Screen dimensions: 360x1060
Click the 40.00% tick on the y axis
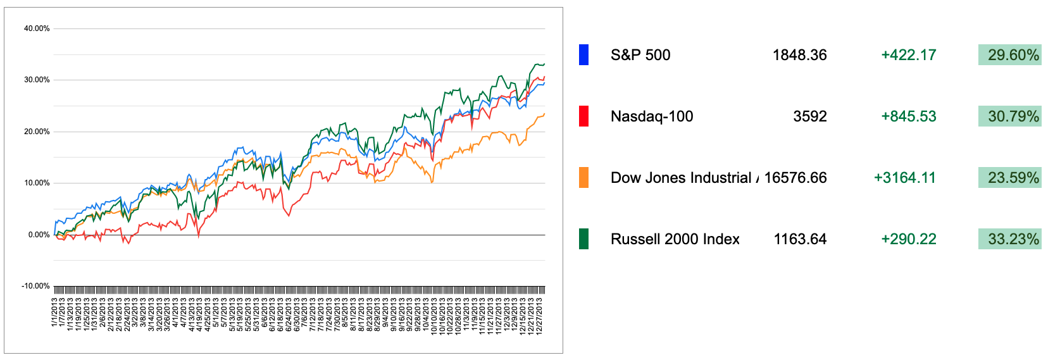[37, 28]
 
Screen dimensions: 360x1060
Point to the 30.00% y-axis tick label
[37, 80]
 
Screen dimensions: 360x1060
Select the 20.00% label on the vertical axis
[37, 132]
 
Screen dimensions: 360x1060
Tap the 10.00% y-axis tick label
[37, 183]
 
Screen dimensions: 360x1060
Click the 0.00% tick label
[39, 235]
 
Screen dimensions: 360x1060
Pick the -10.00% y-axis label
[35, 286]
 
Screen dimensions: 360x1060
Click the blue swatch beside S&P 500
[583, 55]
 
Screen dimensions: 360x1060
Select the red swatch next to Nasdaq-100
[583, 116]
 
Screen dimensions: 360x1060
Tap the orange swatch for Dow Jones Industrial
[583, 178]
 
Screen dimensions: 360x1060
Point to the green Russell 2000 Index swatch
[583, 239]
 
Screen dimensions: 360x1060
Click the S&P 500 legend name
[640, 55]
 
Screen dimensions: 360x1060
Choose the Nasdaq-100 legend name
[652, 116]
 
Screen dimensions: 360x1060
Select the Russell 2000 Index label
[675, 239]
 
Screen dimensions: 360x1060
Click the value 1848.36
[799, 55]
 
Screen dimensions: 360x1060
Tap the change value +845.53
[908, 116]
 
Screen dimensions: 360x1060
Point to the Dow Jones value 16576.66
[795, 178]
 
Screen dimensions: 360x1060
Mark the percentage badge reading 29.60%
[1010, 55]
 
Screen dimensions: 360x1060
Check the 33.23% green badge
[1010, 239]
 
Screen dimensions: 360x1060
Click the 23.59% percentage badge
[1010, 178]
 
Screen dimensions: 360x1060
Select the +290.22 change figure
[908, 239]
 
